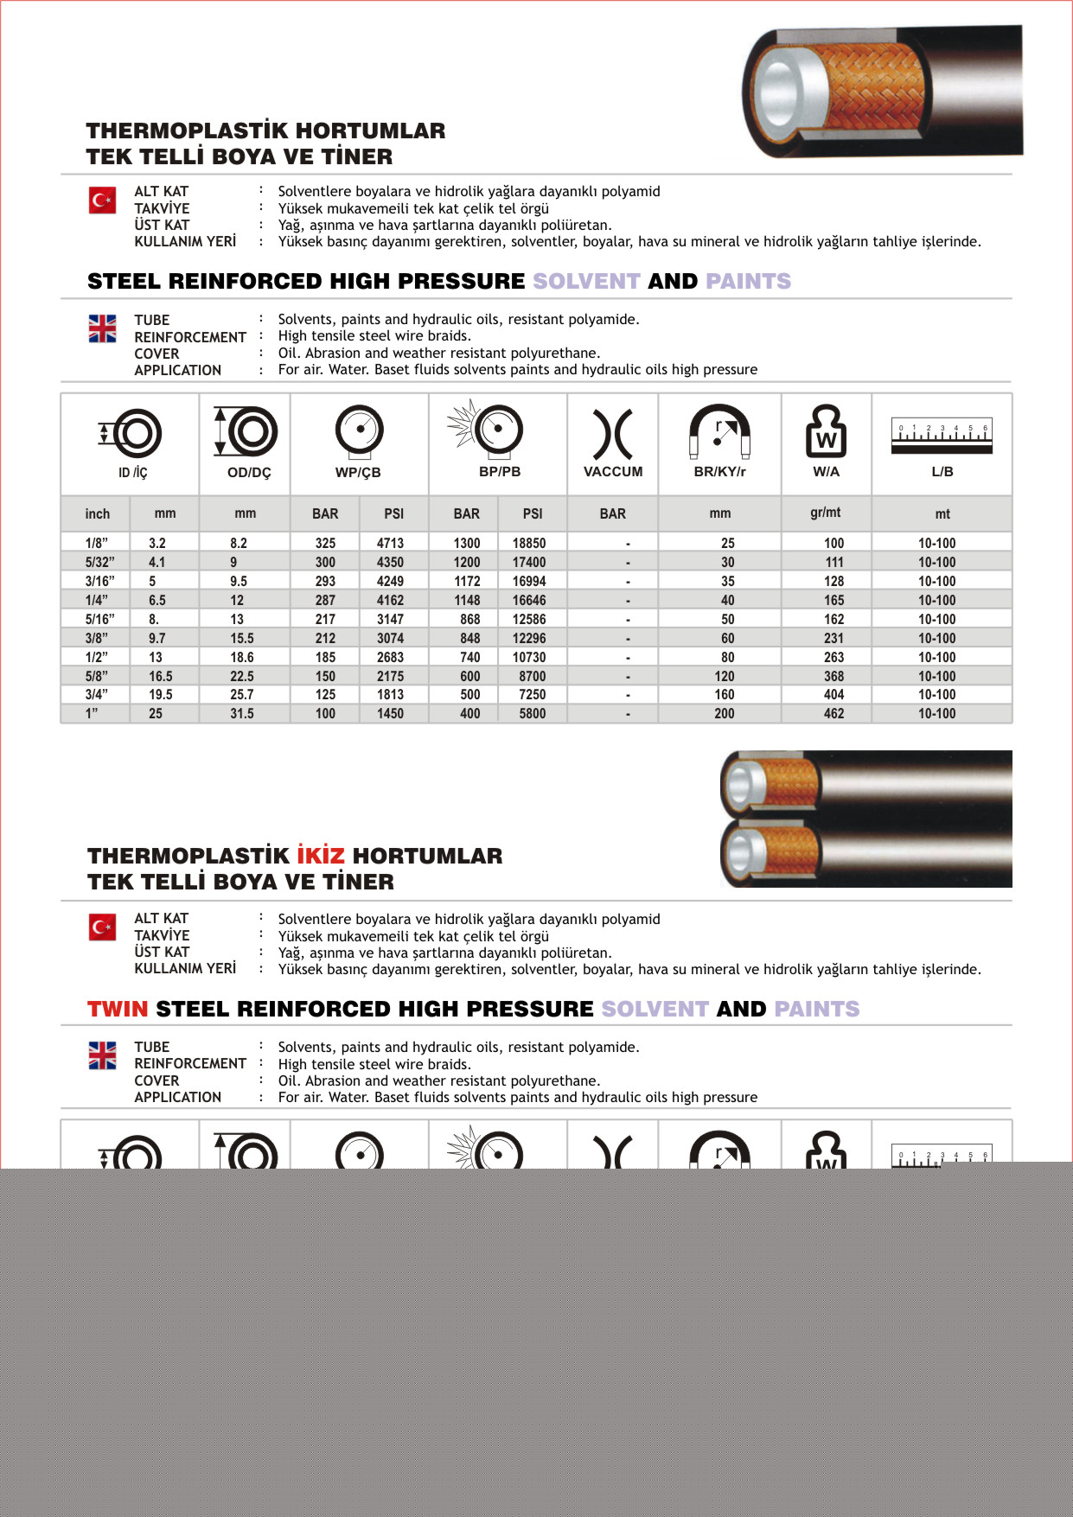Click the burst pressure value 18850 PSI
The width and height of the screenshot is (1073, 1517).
(x=528, y=543)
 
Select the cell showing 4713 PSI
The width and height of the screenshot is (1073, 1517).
(x=390, y=543)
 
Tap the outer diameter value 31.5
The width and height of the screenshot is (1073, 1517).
(x=242, y=714)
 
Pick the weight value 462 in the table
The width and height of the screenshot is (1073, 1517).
(x=833, y=714)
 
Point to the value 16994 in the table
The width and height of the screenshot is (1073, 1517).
(x=528, y=581)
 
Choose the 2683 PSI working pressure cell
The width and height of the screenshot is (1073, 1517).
(x=390, y=657)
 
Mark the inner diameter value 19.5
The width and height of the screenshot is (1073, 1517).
(x=160, y=695)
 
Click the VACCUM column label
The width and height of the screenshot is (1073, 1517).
(x=613, y=472)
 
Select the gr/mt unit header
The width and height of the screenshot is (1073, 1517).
(x=825, y=513)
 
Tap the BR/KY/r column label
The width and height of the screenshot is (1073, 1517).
(x=719, y=472)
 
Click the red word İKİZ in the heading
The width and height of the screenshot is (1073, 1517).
(x=321, y=856)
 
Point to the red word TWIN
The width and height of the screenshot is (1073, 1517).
(x=118, y=1009)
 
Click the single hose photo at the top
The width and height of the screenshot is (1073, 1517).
(x=882, y=91)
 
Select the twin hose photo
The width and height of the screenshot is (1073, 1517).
(x=865, y=819)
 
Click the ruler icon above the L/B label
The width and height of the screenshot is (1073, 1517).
(x=942, y=435)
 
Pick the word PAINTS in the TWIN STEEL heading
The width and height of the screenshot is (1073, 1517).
(x=817, y=1009)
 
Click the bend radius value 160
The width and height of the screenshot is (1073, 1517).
(x=725, y=695)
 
